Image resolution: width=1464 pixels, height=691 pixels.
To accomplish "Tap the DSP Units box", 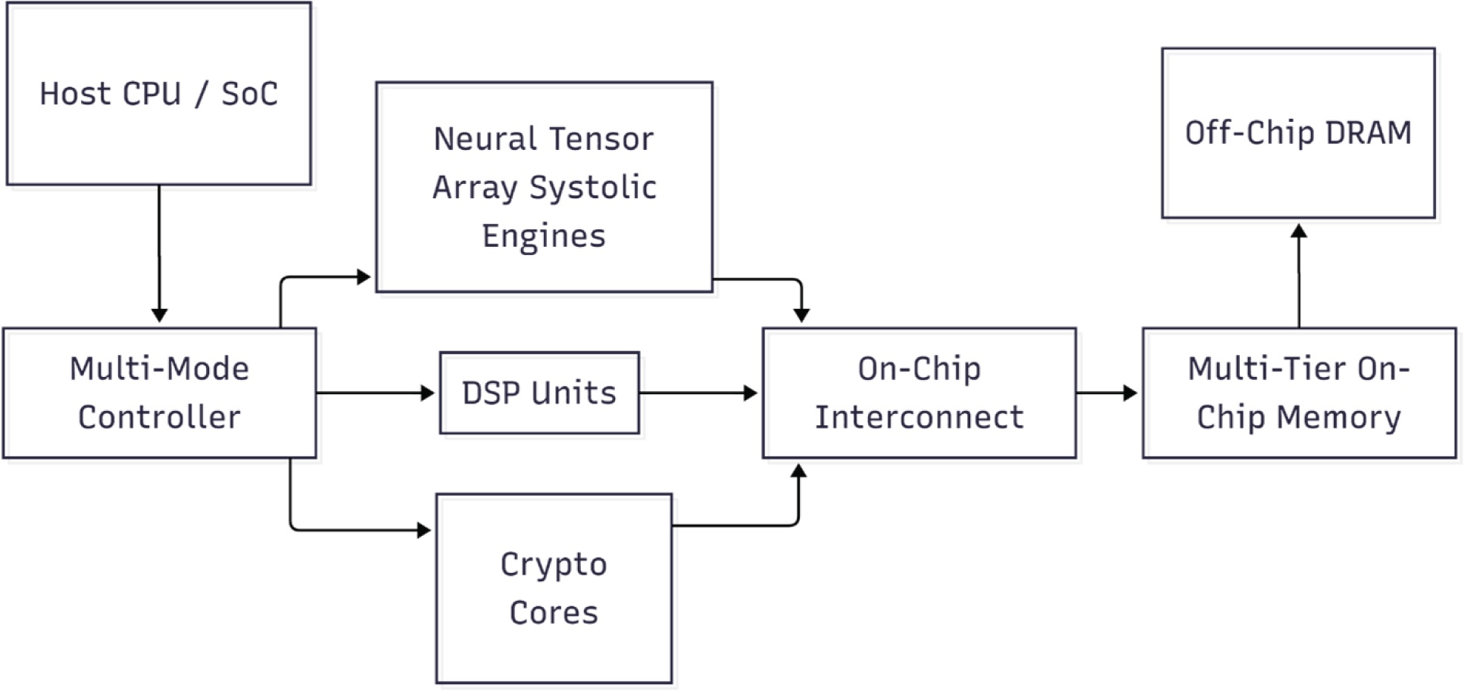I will click(538, 393).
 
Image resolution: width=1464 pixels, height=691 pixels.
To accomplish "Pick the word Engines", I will click(544, 236).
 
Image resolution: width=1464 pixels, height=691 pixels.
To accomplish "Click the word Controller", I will click(159, 417).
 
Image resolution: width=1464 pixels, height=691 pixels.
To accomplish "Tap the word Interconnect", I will click(919, 417).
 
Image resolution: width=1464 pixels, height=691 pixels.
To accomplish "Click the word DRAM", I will click(1369, 133).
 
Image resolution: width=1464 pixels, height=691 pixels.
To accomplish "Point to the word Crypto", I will click(554, 565).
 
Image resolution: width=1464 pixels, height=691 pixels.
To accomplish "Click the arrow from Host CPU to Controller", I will click(159, 250).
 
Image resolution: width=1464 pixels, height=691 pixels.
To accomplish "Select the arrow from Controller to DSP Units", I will click(375, 393).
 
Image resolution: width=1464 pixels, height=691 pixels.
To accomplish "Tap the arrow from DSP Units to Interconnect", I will click(697, 393).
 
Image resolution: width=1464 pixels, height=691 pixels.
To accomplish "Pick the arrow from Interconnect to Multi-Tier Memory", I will click(1106, 393).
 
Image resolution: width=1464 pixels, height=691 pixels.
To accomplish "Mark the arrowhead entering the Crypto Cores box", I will click(424, 530).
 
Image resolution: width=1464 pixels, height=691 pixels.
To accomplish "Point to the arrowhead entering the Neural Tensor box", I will click(364, 277).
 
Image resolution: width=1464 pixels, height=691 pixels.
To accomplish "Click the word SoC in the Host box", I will click(249, 94).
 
